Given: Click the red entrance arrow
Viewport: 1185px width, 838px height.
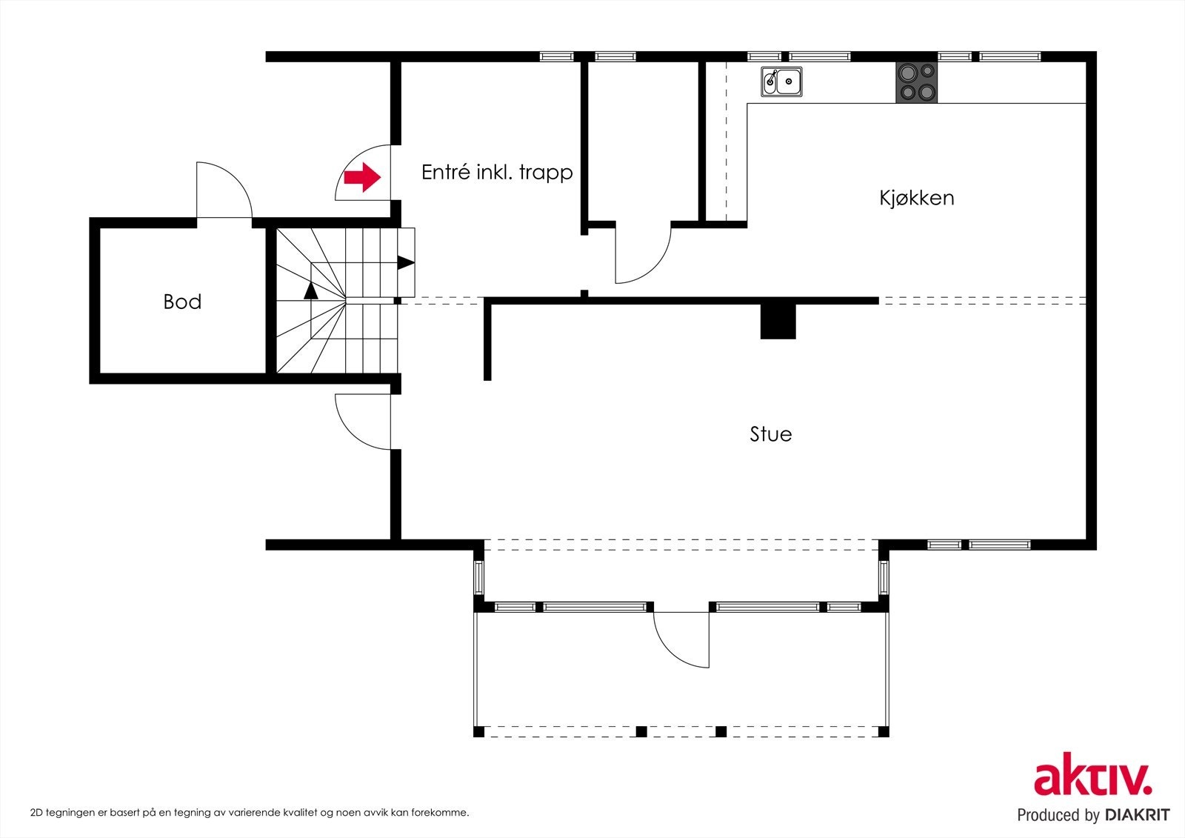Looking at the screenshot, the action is pyautogui.click(x=362, y=177).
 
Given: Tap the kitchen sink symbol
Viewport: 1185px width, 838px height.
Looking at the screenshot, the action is pyautogui.click(x=781, y=82).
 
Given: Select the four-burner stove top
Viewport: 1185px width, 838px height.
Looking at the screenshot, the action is pyautogui.click(x=916, y=82).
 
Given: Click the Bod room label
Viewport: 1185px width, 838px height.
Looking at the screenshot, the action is pyautogui.click(x=182, y=302).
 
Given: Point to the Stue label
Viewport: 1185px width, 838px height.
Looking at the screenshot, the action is pyautogui.click(x=771, y=434).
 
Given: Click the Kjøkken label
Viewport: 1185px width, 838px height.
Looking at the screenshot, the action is pyautogui.click(x=917, y=198).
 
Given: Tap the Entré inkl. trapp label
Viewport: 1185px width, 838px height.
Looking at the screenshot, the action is pyautogui.click(x=497, y=173).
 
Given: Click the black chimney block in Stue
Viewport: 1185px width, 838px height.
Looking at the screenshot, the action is pyautogui.click(x=778, y=322).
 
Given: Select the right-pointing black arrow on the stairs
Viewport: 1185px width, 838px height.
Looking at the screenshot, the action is pyautogui.click(x=406, y=262).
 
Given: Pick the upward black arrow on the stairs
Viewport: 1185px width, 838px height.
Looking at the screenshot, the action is pyautogui.click(x=311, y=290).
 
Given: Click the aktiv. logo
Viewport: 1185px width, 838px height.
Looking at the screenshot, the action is pyautogui.click(x=1093, y=774).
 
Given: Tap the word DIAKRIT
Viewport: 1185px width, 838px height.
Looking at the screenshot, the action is pyautogui.click(x=1136, y=815).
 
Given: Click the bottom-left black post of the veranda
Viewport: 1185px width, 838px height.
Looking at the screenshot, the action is pyautogui.click(x=478, y=732).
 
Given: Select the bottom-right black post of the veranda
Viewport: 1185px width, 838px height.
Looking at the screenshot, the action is pyautogui.click(x=884, y=732).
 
